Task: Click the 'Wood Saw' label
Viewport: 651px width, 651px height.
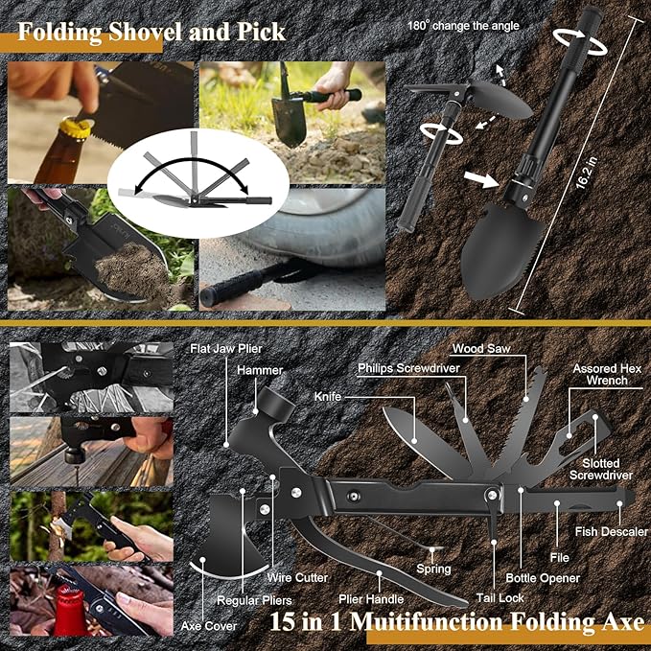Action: point(481,348)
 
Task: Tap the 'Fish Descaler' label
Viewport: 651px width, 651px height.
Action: point(611,531)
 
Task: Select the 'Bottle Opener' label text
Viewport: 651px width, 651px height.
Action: point(543,578)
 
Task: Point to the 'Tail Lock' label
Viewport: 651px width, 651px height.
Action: point(500,598)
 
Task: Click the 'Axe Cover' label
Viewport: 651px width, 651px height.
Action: point(209,626)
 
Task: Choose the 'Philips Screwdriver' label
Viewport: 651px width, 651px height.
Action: point(409,368)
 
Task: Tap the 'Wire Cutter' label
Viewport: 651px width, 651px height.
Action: point(297,577)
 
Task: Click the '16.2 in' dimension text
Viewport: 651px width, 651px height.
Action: point(587,173)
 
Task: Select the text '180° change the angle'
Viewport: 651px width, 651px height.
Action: point(463,26)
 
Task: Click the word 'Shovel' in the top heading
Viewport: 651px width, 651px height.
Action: point(134,32)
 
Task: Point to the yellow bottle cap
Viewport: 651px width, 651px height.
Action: point(77,127)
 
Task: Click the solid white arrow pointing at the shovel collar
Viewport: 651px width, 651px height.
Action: point(481,180)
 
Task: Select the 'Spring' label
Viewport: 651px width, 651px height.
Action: point(433,569)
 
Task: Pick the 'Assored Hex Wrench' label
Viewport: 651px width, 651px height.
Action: point(607,374)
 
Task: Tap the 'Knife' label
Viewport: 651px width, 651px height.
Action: point(328,397)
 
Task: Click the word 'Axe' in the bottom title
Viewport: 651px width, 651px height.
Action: point(623,622)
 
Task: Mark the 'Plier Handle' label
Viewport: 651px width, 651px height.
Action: point(371,599)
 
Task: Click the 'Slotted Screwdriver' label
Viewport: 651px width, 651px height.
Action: point(601,469)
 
